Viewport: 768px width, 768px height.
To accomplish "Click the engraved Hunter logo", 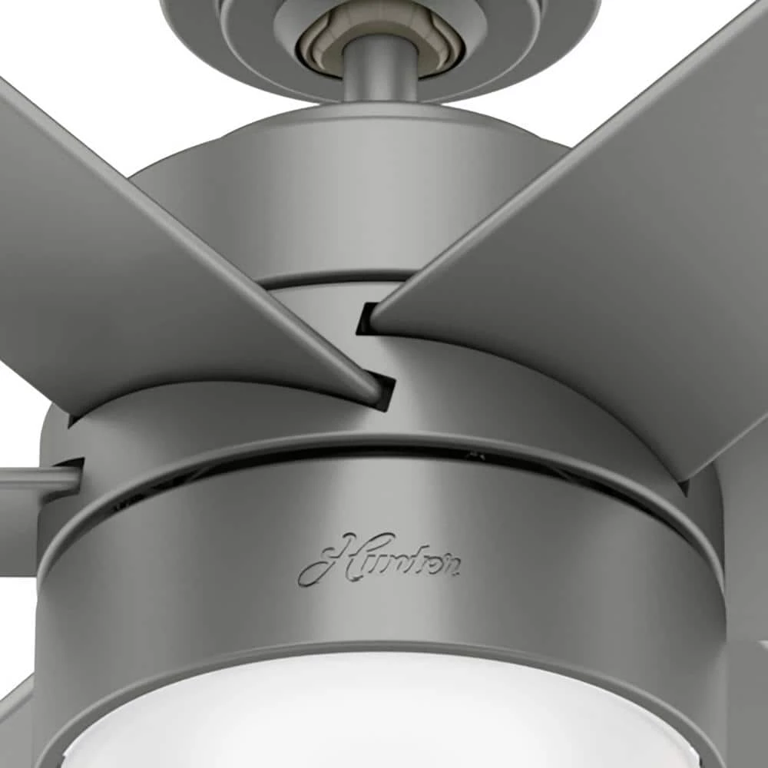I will pos(379,558).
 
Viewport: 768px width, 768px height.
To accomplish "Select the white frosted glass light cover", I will pos(384,714).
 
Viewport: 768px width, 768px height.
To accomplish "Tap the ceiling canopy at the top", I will pos(538,31).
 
